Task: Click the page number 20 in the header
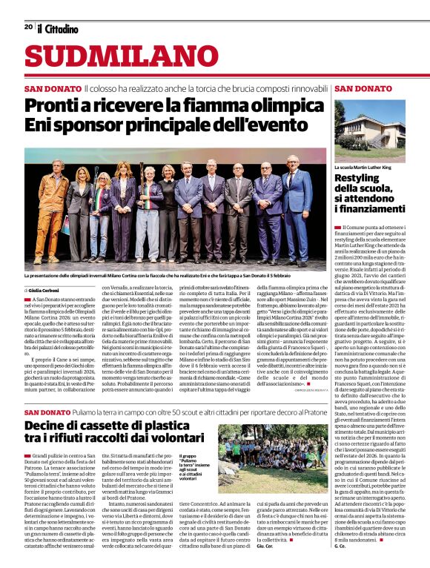click(x=28, y=26)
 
